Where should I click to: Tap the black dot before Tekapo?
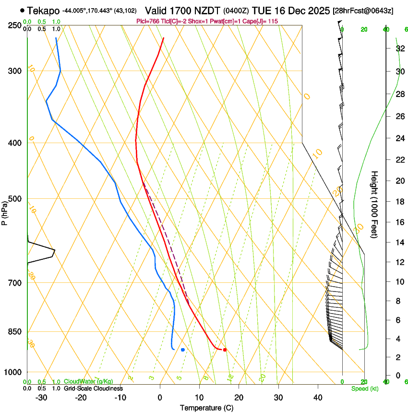tap(23, 11)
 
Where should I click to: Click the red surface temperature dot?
tap(225, 350)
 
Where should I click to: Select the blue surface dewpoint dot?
tap(183, 350)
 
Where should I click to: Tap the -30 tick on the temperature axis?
tap(41, 397)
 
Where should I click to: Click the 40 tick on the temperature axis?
tap(317, 397)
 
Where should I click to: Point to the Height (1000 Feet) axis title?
tap(375, 204)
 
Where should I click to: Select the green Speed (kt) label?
tap(364, 389)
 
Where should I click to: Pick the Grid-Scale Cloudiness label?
tap(93, 389)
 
